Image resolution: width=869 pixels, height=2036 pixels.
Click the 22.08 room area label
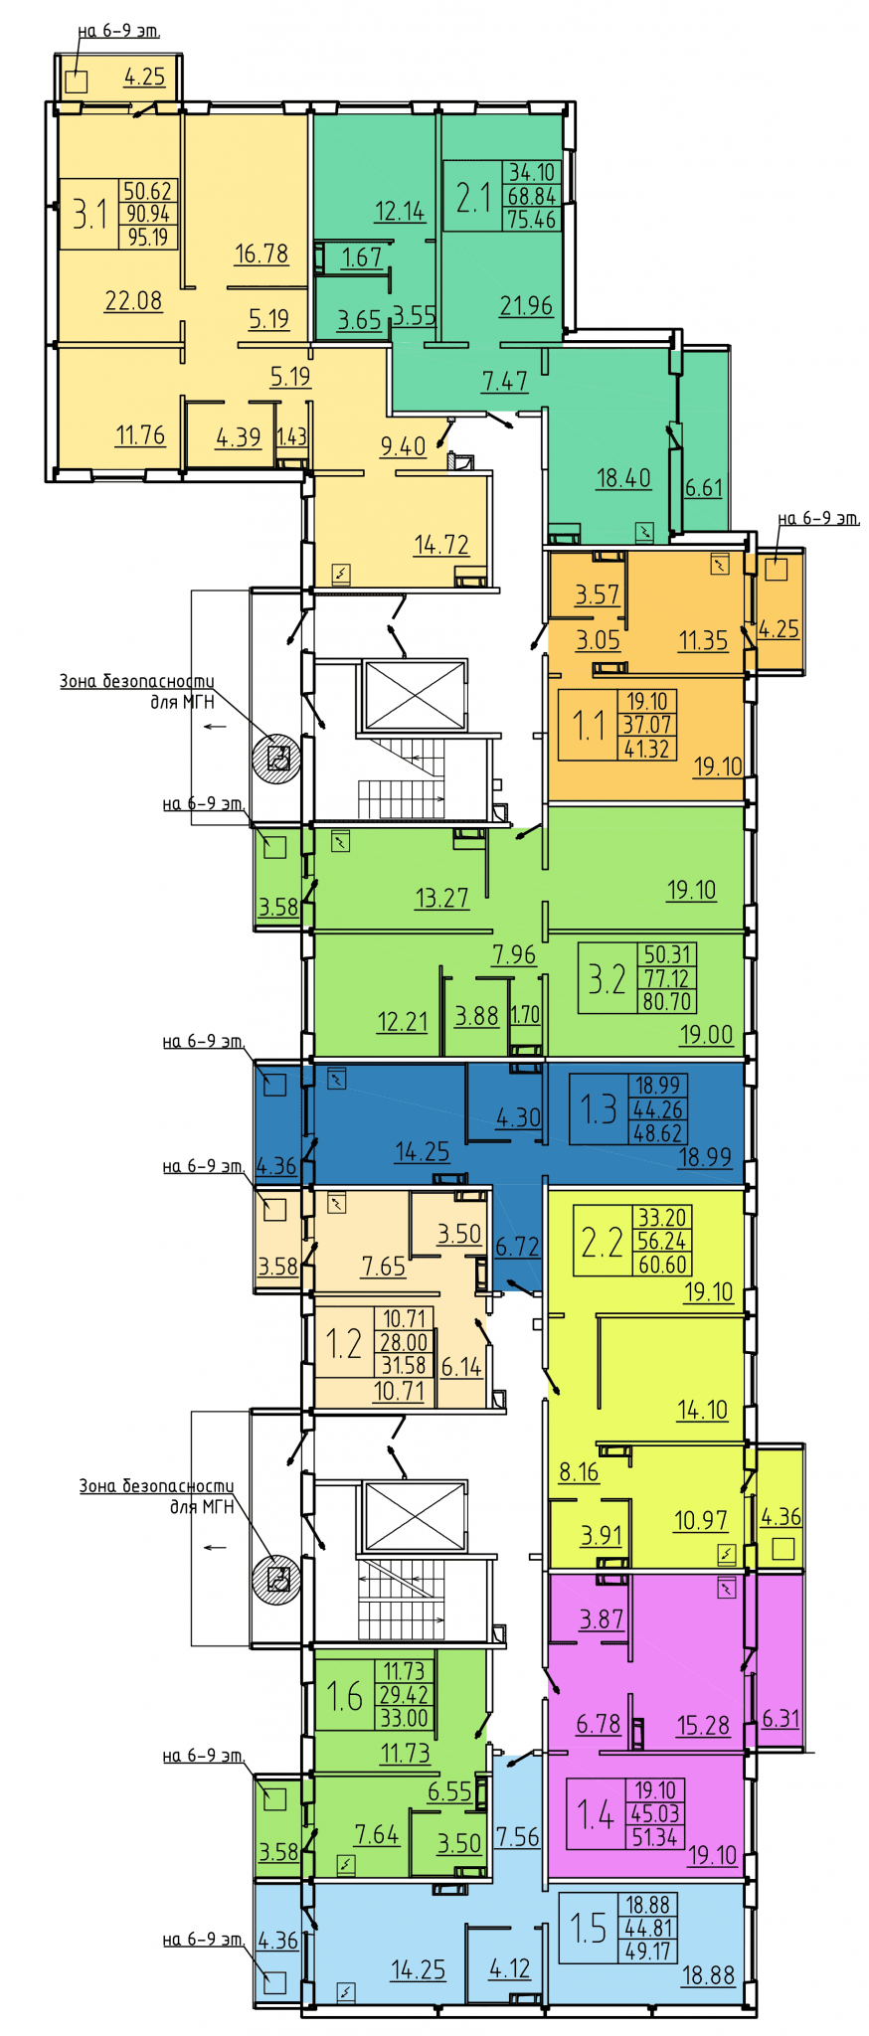coord(133,300)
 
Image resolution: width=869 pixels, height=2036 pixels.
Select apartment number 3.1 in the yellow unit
coord(89,214)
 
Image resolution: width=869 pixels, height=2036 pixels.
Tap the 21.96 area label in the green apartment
coord(526,305)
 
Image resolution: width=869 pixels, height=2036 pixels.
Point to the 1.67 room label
coord(362,257)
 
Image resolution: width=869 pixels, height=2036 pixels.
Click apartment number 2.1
coord(473,197)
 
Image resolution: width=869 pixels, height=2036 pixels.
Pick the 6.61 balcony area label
coord(704,487)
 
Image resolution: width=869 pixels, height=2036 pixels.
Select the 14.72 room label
coord(441,544)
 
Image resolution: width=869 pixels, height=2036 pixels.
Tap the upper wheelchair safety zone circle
coord(276,760)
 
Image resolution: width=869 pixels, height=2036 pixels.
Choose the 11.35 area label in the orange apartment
coord(703,640)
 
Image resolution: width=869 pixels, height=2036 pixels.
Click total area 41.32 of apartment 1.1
coord(646,749)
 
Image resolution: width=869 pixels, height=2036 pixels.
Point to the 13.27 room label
coord(441,898)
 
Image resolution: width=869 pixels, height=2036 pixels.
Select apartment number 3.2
coord(607,979)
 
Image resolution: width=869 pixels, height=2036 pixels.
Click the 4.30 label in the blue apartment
coord(518,1117)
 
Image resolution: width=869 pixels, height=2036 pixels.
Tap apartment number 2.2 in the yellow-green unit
coord(602,1242)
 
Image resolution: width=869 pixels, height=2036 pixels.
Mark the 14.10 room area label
coord(702,1410)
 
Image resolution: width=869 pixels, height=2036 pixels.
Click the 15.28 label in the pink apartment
coord(703,1725)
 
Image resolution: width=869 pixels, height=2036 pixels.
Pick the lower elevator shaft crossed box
coord(415,1515)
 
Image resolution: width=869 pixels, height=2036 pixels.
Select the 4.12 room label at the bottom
coord(510,1968)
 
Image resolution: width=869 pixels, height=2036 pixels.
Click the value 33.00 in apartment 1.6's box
coord(404,1718)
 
